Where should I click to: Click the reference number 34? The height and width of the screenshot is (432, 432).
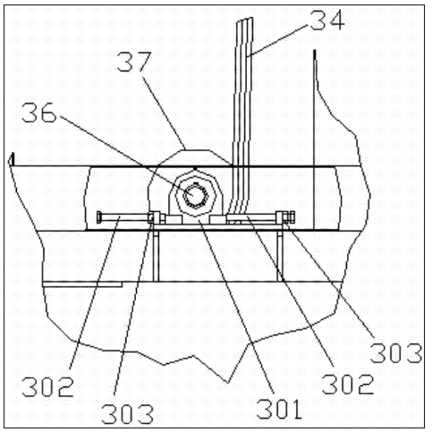tap(327, 20)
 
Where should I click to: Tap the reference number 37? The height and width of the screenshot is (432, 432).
tap(134, 62)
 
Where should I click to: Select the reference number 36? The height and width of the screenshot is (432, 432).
tap(39, 113)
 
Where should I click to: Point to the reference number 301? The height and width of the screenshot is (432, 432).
tap(279, 409)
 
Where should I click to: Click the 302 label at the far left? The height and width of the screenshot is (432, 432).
tap(47, 386)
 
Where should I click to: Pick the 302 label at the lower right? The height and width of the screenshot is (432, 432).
tap(348, 385)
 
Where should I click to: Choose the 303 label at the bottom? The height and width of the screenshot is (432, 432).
tap(128, 414)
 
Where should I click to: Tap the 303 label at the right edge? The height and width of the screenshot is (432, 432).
tap(396, 353)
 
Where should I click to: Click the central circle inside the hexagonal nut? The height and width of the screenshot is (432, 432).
tap(195, 195)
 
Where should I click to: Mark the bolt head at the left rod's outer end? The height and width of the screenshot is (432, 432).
tap(99, 217)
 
